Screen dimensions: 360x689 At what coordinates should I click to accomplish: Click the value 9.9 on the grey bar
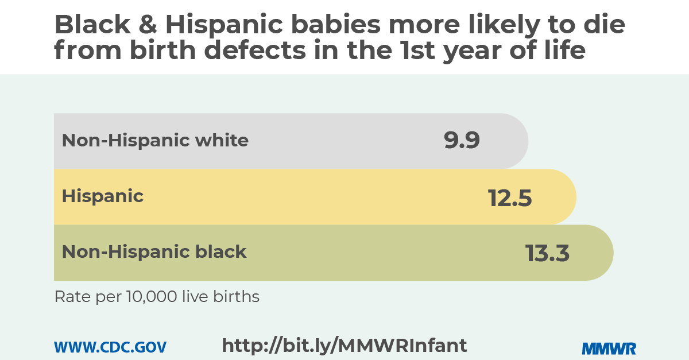(462, 141)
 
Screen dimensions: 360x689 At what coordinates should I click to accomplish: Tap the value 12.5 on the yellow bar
(510, 198)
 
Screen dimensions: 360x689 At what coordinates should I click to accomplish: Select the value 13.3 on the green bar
(548, 253)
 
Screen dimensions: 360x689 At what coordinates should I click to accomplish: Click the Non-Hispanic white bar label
(155, 141)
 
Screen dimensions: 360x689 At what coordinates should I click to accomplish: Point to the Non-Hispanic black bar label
(154, 252)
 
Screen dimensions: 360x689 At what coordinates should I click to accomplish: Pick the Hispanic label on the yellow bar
(103, 196)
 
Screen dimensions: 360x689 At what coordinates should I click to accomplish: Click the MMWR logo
(609, 348)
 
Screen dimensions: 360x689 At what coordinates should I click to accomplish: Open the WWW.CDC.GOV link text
(110, 347)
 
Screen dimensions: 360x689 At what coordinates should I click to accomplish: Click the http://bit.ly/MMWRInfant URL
(344, 346)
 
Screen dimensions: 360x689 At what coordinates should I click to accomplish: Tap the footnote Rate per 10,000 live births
(157, 297)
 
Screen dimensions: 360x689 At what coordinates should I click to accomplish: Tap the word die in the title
(604, 25)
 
